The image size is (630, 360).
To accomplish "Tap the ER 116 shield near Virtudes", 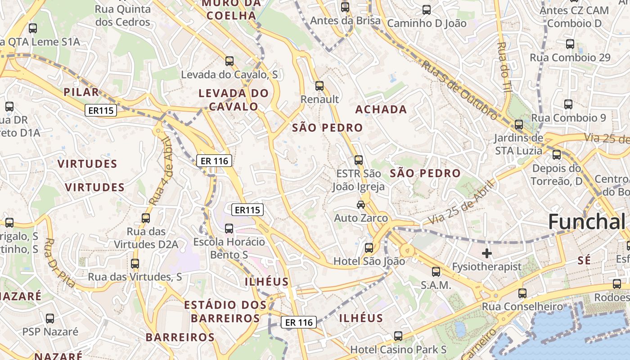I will (x=214, y=160).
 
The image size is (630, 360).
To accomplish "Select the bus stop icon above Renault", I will (x=319, y=85).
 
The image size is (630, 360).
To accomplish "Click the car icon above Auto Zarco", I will (x=360, y=205).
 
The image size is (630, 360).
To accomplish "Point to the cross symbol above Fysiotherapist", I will (x=486, y=253).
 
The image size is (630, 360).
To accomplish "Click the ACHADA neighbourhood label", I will (x=381, y=109).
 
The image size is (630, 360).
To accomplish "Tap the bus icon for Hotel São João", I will (x=369, y=247).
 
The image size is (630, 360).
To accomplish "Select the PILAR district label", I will (x=81, y=92).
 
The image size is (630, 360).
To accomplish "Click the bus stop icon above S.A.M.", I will (x=436, y=271).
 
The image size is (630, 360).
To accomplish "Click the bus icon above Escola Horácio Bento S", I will (x=229, y=229).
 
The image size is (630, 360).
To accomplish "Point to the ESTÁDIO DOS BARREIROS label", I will (x=225, y=311).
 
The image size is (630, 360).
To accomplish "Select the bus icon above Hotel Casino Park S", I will (x=398, y=336).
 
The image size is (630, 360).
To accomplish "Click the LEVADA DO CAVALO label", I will (x=234, y=100).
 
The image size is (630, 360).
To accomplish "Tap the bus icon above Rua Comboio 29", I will (x=570, y=44).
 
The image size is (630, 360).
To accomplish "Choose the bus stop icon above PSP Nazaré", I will (x=50, y=319).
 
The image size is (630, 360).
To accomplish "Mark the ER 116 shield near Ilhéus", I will (x=299, y=322).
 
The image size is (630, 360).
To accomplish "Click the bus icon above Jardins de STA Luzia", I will (x=518, y=125).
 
